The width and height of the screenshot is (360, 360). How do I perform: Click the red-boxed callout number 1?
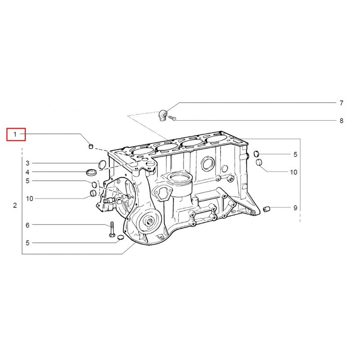(15, 134)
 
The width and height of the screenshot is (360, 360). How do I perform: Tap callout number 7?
(342, 103)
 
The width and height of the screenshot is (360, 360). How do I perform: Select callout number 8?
(342, 121)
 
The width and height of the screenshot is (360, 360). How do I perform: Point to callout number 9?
(296, 208)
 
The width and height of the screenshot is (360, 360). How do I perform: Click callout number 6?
(27, 225)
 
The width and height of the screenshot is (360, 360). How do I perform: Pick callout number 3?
(27, 163)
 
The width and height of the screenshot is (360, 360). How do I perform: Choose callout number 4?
(27, 172)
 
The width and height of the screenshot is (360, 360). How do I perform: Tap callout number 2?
(15, 205)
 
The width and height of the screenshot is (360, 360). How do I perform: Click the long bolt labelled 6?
(112, 229)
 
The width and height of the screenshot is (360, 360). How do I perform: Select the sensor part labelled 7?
(163, 115)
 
